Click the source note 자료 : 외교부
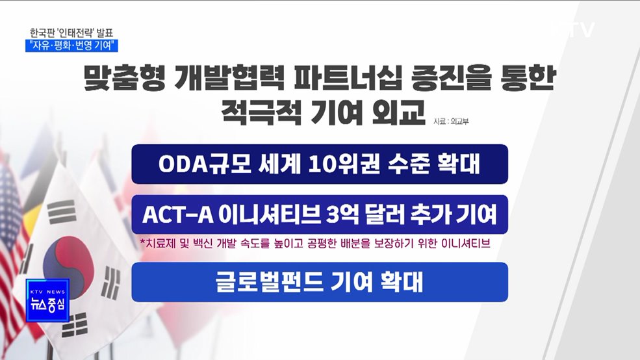(450, 121)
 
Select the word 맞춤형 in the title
(123, 79)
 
